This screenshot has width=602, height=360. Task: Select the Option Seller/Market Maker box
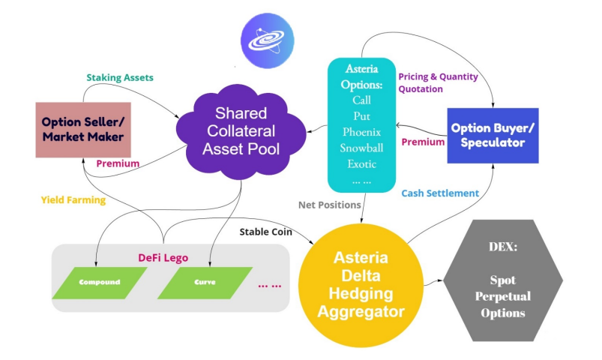pyautogui.click(x=83, y=130)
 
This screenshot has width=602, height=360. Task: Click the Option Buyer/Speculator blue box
pyautogui.click(x=492, y=135)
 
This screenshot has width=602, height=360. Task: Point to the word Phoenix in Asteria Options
pyautogui.click(x=361, y=131)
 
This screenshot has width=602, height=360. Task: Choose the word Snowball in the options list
pyautogui.click(x=361, y=148)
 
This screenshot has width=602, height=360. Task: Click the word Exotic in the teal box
pyautogui.click(x=361, y=163)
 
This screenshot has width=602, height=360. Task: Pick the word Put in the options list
pyautogui.click(x=361, y=115)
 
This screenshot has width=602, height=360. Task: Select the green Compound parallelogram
pyautogui.click(x=99, y=283)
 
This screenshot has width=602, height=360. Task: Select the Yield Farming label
pyautogui.click(x=73, y=200)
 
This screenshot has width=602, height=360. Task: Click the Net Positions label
pyautogui.click(x=331, y=204)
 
